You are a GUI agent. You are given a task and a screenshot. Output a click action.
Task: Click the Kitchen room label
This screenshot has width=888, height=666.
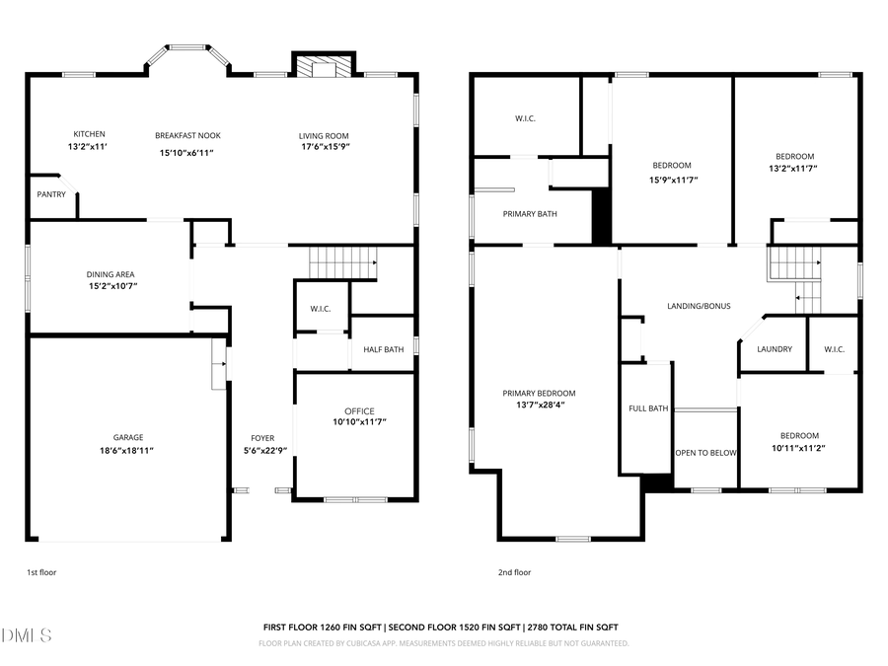click(89, 134)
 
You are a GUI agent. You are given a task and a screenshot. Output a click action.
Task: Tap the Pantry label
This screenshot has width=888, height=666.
click(51, 194)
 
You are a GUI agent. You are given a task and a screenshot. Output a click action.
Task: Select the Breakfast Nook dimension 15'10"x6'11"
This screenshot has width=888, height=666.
click(186, 153)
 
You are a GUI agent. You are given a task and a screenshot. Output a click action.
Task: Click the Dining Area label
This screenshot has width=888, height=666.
click(111, 274)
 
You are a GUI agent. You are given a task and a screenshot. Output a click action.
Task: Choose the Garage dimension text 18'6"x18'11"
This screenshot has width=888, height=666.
click(127, 450)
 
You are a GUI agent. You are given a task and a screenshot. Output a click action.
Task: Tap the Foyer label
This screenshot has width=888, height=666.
click(262, 438)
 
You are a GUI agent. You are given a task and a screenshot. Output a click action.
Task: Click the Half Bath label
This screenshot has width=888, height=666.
click(383, 349)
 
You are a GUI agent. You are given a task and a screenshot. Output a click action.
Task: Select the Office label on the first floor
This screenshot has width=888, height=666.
click(359, 411)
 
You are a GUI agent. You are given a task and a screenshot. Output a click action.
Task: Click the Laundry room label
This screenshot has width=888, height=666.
click(775, 349)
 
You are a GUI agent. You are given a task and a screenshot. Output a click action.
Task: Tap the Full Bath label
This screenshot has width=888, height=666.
click(648, 408)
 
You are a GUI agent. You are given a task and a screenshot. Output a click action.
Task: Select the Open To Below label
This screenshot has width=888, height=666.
click(705, 453)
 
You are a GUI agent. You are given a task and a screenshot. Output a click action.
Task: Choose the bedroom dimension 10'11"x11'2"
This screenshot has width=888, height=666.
click(799, 447)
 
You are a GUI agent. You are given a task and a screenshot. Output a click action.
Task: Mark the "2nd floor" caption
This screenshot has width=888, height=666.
click(514, 572)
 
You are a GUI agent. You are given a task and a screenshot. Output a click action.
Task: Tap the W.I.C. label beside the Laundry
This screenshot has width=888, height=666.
click(833, 349)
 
